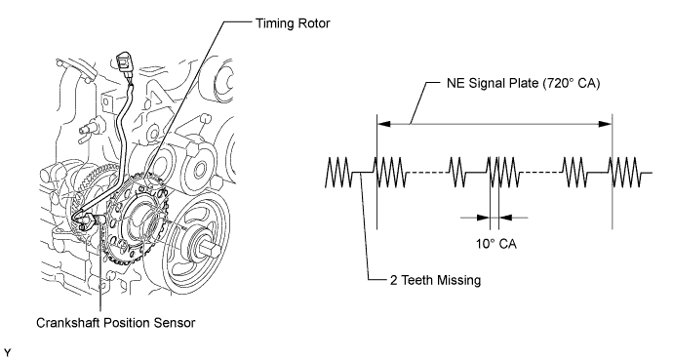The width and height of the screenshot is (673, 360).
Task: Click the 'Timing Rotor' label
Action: click(x=293, y=23)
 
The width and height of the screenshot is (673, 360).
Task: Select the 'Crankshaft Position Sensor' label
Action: click(x=115, y=323)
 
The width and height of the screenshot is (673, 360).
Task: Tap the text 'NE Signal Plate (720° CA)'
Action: click(x=523, y=83)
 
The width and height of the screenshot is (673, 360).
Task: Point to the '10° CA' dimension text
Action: click(x=496, y=244)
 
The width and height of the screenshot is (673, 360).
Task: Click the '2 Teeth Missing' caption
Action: click(x=435, y=280)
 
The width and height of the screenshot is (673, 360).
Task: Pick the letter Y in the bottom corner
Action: click(x=7, y=352)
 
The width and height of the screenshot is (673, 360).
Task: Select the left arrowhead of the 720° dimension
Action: click(x=383, y=124)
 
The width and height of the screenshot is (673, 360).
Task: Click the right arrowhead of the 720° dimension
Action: click(x=605, y=124)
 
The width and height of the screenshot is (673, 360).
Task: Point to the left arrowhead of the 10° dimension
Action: click(x=483, y=218)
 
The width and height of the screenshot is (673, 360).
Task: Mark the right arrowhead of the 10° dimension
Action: click(x=506, y=218)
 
